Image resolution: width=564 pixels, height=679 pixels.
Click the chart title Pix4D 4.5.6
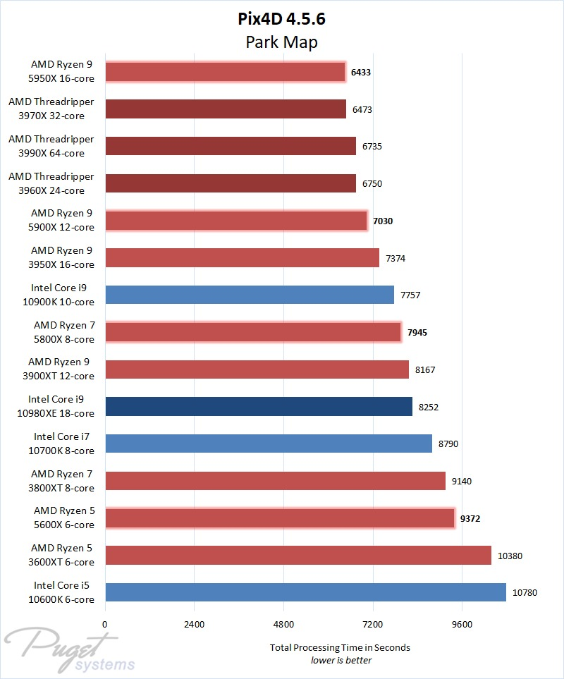pyautogui.click(x=281, y=20)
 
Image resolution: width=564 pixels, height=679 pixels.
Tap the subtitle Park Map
pyautogui.click(x=281, y=42)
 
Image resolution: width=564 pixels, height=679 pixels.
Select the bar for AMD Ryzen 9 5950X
pyautogui.click(x=225, y=72)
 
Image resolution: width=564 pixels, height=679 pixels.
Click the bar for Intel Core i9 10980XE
pyautogui.click(x=258, y=407)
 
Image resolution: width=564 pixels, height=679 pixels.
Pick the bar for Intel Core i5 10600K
pyautogui.click(x=305, y=592)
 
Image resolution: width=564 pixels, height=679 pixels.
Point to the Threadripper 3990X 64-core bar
pyautogui.click(x=230, y=146)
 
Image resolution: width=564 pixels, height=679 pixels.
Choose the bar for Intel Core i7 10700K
pyautogui.click(x=268, y=444)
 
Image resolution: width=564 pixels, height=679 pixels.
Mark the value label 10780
pyautogui.click(x=525, y=593)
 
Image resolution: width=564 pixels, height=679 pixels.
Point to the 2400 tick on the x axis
pyautogui.click(x=194, y=625)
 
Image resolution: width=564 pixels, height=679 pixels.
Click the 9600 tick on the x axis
pyautogui.click(x=462, y=625)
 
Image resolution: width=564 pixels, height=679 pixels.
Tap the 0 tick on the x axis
pyautogui.click(x=105, y=625)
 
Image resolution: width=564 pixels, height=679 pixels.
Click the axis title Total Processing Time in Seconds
pyautogui.click(x=340, y=647)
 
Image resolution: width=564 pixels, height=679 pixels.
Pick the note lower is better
pyautogui.click(x=341, y=661)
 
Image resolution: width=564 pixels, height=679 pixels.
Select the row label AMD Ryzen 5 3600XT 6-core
pyautogui.click(x=63, y=555)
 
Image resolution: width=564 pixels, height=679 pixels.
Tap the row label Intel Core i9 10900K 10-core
pyautogui.click(x=63, y=295)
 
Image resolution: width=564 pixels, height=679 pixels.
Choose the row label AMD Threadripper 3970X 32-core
pyautogui.click(x=51, y=109)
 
